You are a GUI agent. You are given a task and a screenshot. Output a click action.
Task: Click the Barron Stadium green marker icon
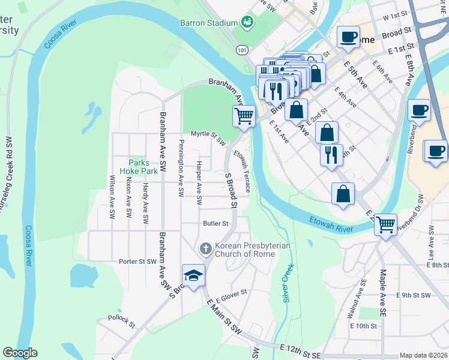(x=247, y=23)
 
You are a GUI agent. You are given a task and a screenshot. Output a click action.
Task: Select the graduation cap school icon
(x=194, y=275)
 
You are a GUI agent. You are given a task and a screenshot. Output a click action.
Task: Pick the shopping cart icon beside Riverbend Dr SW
(x=386, y=224)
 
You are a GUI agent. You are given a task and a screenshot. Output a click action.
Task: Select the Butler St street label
(x=216, y=223)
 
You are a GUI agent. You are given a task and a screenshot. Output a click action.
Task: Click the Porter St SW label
(x=137, y=261)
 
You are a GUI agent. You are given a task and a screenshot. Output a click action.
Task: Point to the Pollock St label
(x=121, y=320)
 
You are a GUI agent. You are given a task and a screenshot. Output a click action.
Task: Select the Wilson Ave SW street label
(x=112, y=196)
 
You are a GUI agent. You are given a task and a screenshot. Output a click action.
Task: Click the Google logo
(x=20, y=353)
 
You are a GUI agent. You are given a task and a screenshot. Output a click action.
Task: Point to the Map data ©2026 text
(x=423, y=355)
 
